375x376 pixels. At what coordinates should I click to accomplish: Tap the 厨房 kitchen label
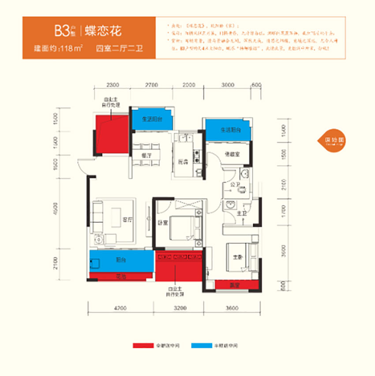point(184,161)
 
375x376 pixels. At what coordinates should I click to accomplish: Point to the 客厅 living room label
point(127,221)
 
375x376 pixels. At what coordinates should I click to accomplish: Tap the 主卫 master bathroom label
point(240,214)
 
